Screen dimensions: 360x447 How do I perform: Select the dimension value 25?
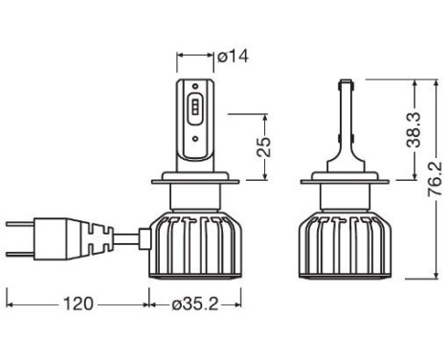pyautogui.click(x=264, y=146)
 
